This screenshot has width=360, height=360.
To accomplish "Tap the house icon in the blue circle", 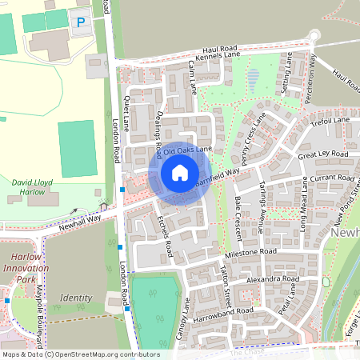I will pyautogui.click(x=180, y=173).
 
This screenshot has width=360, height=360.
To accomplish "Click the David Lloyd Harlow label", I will pyautogui.click(x=32, y=187).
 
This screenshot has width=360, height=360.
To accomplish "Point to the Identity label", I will pyautogui.click(x=76, y=298).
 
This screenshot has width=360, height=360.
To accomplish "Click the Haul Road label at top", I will pyautogui.click(x=219, y=49).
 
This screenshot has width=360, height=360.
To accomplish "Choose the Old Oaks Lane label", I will pyautogui.click(x=189, y=149).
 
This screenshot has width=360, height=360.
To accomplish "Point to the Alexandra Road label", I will pyautogui.click(x=272, y=280).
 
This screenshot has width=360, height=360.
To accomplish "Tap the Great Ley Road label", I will pyautogui.click(x=323, y=153).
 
